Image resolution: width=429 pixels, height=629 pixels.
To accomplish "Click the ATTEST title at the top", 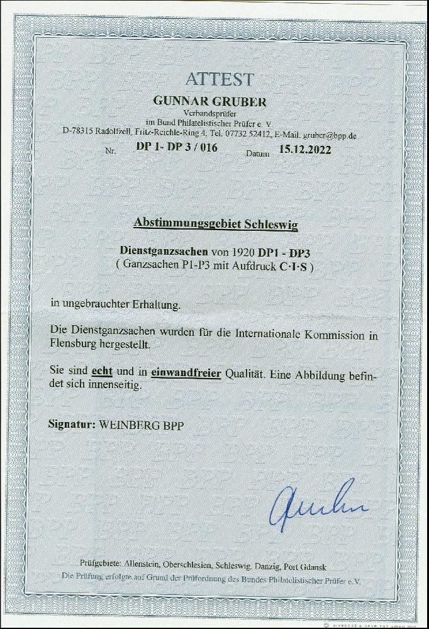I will tap(220, 79).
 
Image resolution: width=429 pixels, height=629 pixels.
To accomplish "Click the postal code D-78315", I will tap(78, 134).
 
